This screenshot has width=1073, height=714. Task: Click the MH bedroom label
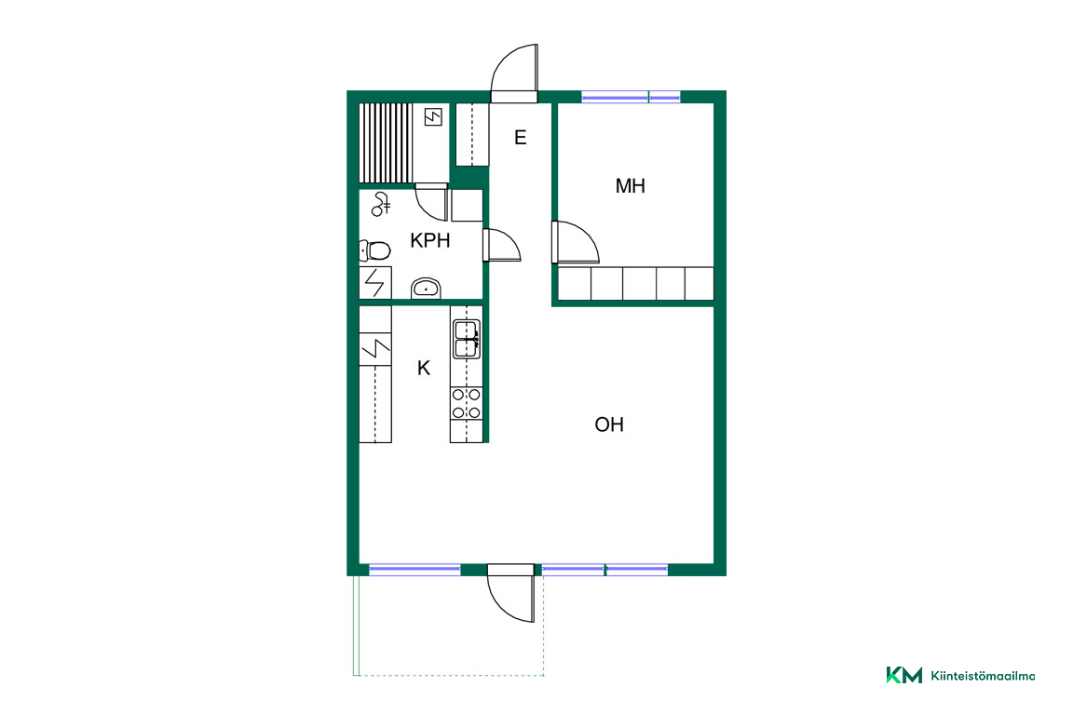click(630, 186)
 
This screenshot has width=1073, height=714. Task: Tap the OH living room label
click(609, 424)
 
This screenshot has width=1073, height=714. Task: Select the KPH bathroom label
click(429, 240)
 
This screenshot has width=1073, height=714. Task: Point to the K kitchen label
click(424, 368)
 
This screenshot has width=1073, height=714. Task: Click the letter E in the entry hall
click(520, 138)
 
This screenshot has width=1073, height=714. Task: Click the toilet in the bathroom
click(375, 251)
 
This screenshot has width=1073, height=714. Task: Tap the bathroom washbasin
click(426, 289)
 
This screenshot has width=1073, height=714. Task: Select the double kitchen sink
click(467, 339)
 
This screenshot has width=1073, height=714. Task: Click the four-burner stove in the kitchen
click(466, 403)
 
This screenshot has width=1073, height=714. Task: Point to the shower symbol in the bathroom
click(380, 205)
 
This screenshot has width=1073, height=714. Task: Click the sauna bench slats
click(386, 142)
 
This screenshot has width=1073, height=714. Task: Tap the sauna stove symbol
click(433, 117)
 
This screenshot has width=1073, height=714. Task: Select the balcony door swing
click(510, 593)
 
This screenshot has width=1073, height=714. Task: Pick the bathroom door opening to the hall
click(502, 245)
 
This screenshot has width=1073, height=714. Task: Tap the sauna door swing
click(432, 202)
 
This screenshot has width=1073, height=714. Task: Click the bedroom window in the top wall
click(631, 97)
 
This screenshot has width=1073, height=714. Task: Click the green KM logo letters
click(904, 675)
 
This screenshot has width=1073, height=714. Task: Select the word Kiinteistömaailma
click(983, 676)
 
